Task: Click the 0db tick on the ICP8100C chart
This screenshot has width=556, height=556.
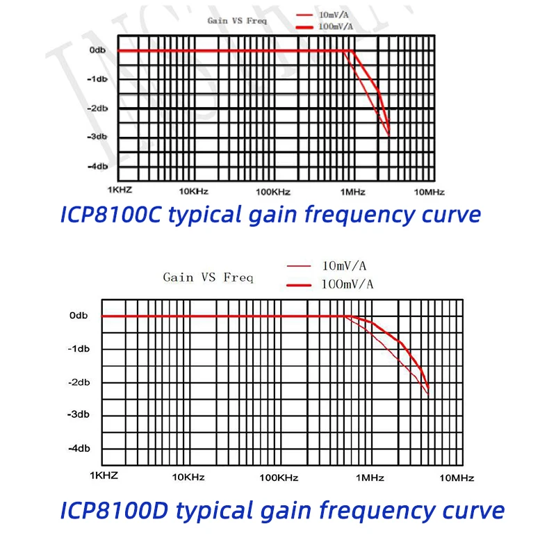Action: pyautogui.click(x=97, y=51)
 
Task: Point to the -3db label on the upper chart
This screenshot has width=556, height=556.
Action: pyautogui.click(x=97, y=137)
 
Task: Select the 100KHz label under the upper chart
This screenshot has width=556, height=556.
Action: pyautogui.click(x=272, y=192)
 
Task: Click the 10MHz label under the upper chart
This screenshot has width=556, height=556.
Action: pyautogui.click(x=429, y=192)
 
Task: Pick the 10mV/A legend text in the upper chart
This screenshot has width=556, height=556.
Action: pyautogui.click(x=333, y=14)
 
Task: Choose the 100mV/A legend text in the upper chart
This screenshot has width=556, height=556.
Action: pyautogui.click(x=335, y=26)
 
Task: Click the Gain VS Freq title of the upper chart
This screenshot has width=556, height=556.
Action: pyautogui.click(x=237, y=21)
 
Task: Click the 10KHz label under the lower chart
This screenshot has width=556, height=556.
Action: pyautogui.click(x=188, y=477)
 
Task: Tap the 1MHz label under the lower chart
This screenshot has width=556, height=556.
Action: pyautogui.click(x=370, y=477)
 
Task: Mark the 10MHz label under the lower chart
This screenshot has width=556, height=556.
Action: pyautogui.click(x=457, y=477)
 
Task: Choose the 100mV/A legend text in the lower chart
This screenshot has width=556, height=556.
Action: pyautogui.click(x=347, y=284)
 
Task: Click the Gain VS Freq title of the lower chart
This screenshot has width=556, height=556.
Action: pyautogui.click(x=208, y=277)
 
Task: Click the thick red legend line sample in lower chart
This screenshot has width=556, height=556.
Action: pyautogui.click(x=300, y=284)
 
